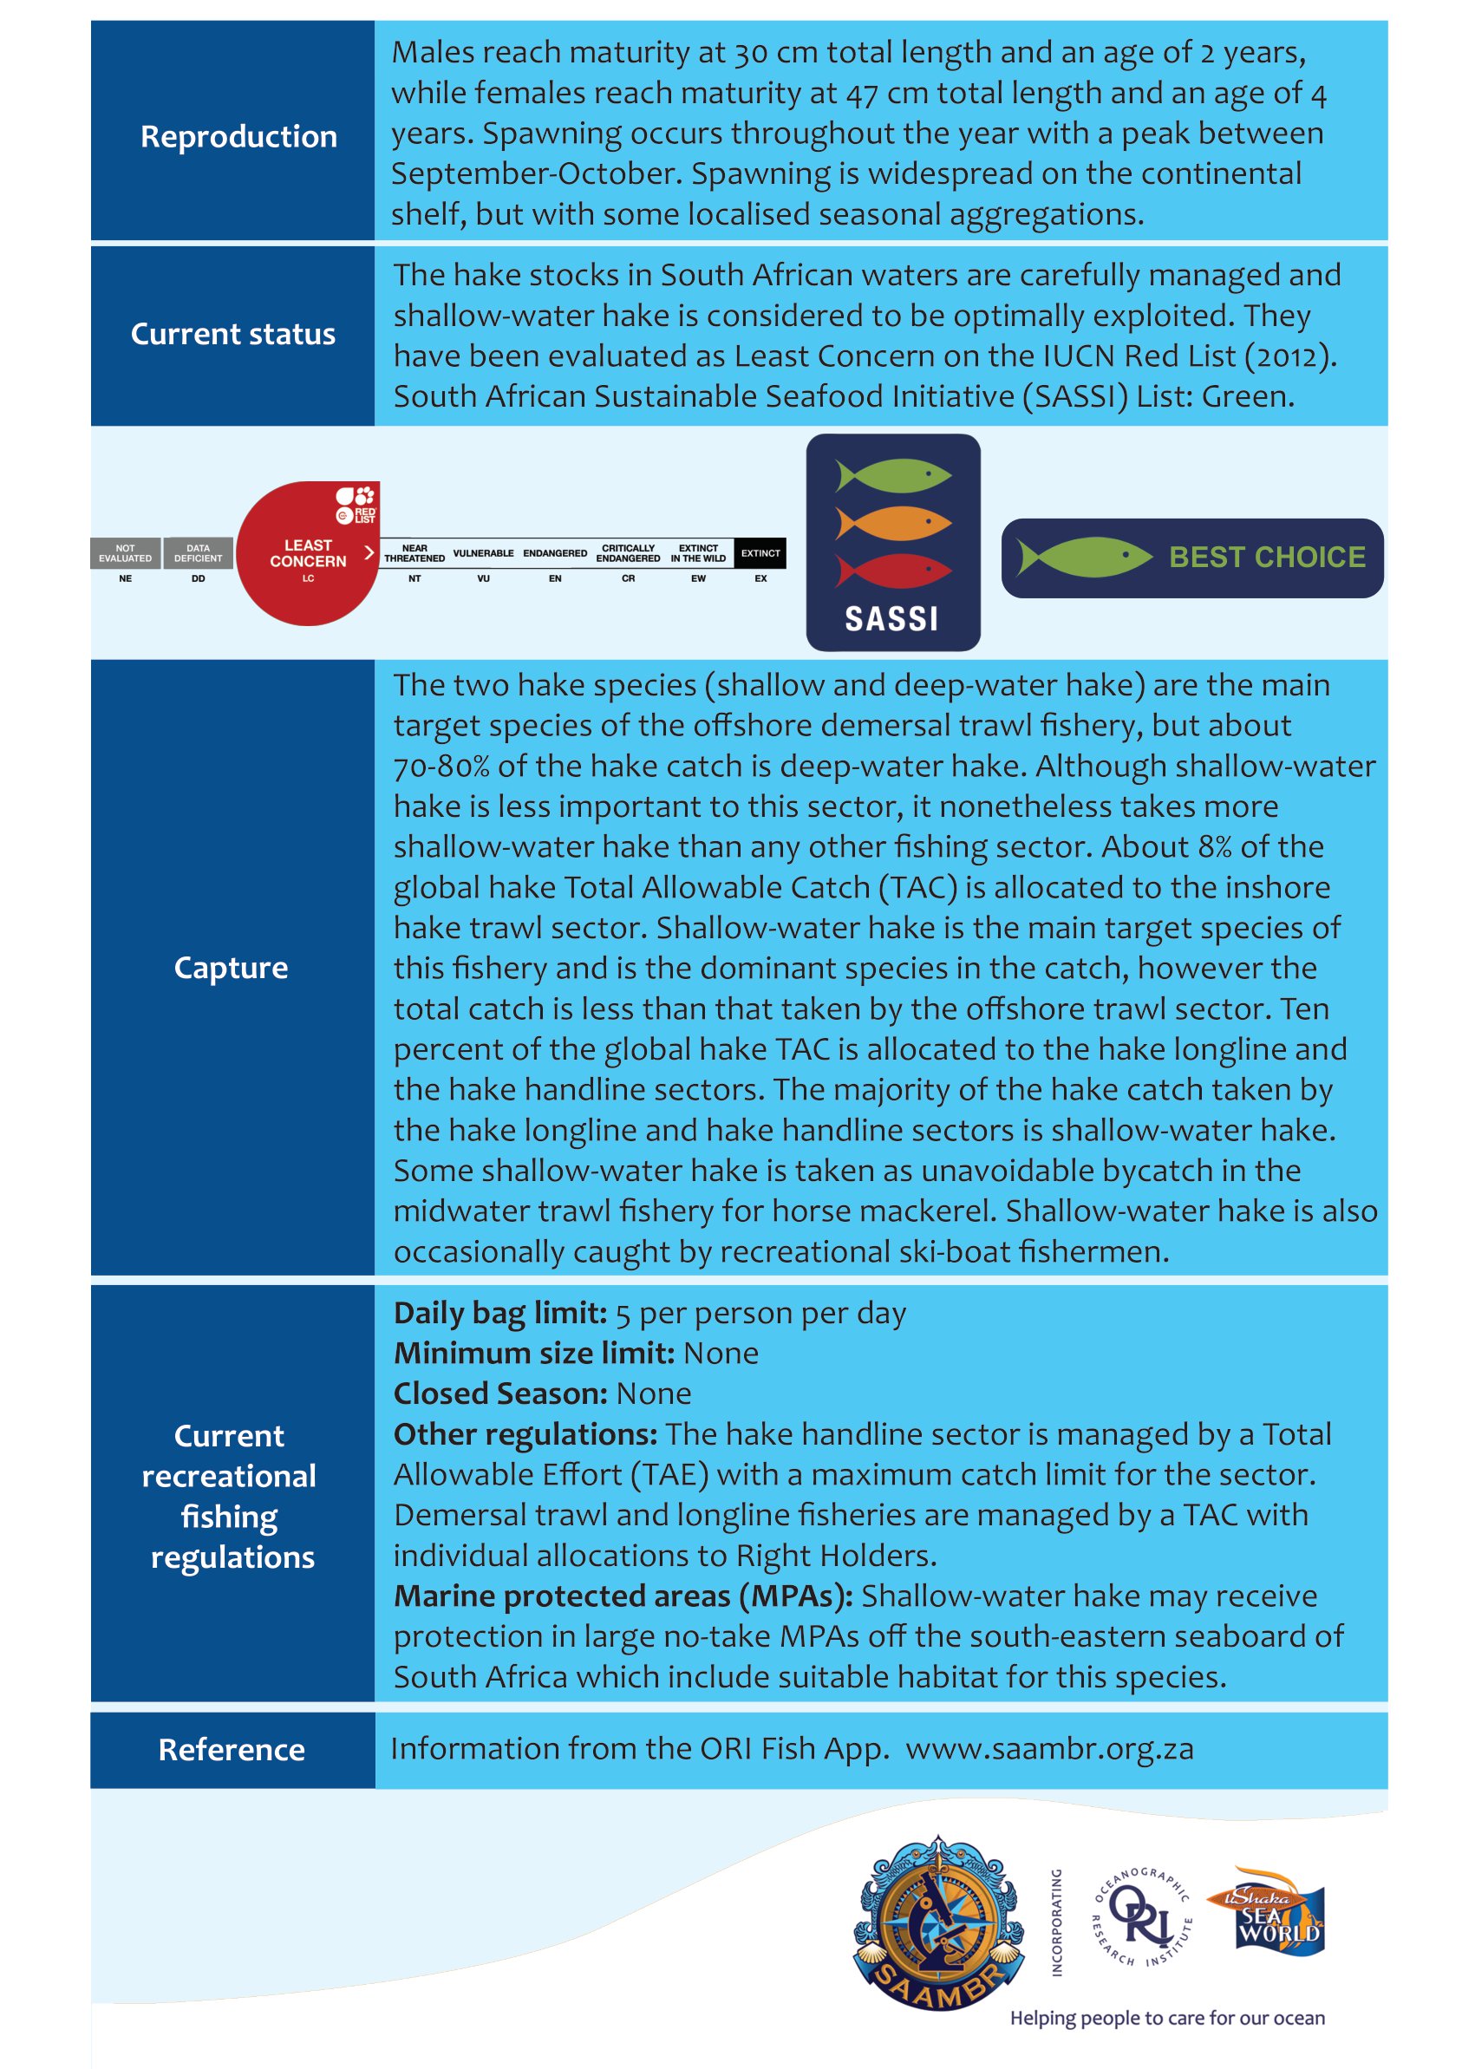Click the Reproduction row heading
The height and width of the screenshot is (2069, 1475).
pos(238,136)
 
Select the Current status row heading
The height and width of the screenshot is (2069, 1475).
pos(232,334)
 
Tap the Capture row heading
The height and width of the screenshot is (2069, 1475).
pos(231,967)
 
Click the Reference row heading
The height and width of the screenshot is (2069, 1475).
pos(232,1749)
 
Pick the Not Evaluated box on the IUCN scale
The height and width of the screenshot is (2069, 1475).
pos(126,553)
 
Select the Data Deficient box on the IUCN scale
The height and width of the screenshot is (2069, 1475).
pos(198,553)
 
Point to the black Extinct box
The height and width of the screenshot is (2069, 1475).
pos(760,553)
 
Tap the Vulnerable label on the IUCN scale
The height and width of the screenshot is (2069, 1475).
pos(483,553)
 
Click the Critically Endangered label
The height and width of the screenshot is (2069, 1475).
pos(628,553)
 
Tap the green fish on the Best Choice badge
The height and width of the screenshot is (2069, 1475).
pos(1084,557)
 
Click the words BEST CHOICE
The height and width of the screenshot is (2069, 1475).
pos(1267,557)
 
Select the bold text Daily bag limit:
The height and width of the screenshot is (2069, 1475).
pos(500,1314)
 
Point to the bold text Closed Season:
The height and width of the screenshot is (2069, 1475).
pos(499,1393)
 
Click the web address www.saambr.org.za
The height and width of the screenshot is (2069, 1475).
pos(1049,1748)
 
